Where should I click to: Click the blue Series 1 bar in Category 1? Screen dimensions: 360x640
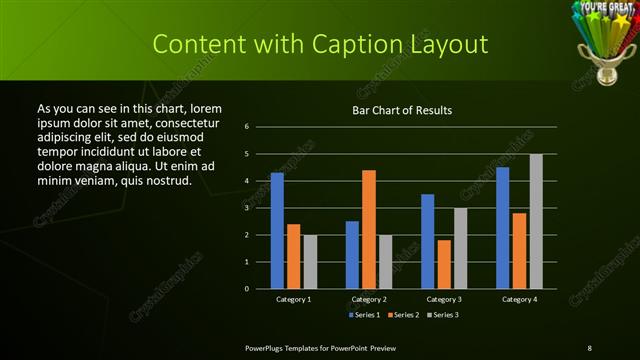(277, 230)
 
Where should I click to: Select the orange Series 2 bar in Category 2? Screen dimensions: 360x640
(368, 229)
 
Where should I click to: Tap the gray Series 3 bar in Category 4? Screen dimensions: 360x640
(536, 221)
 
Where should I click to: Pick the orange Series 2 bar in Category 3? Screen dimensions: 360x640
(444, 264)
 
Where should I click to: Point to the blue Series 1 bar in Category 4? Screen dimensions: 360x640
(502, 227)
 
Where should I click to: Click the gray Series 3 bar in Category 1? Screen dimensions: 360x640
(310, 261)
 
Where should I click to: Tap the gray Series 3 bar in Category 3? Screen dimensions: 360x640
(460, 248)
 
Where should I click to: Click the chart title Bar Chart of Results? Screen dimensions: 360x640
(402, 110)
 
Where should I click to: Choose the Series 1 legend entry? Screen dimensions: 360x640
(364, 315)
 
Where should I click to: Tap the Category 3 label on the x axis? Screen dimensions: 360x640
(444, 299)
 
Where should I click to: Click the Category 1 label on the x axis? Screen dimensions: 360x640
(293, 299)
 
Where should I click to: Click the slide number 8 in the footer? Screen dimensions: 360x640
(589, 347)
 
